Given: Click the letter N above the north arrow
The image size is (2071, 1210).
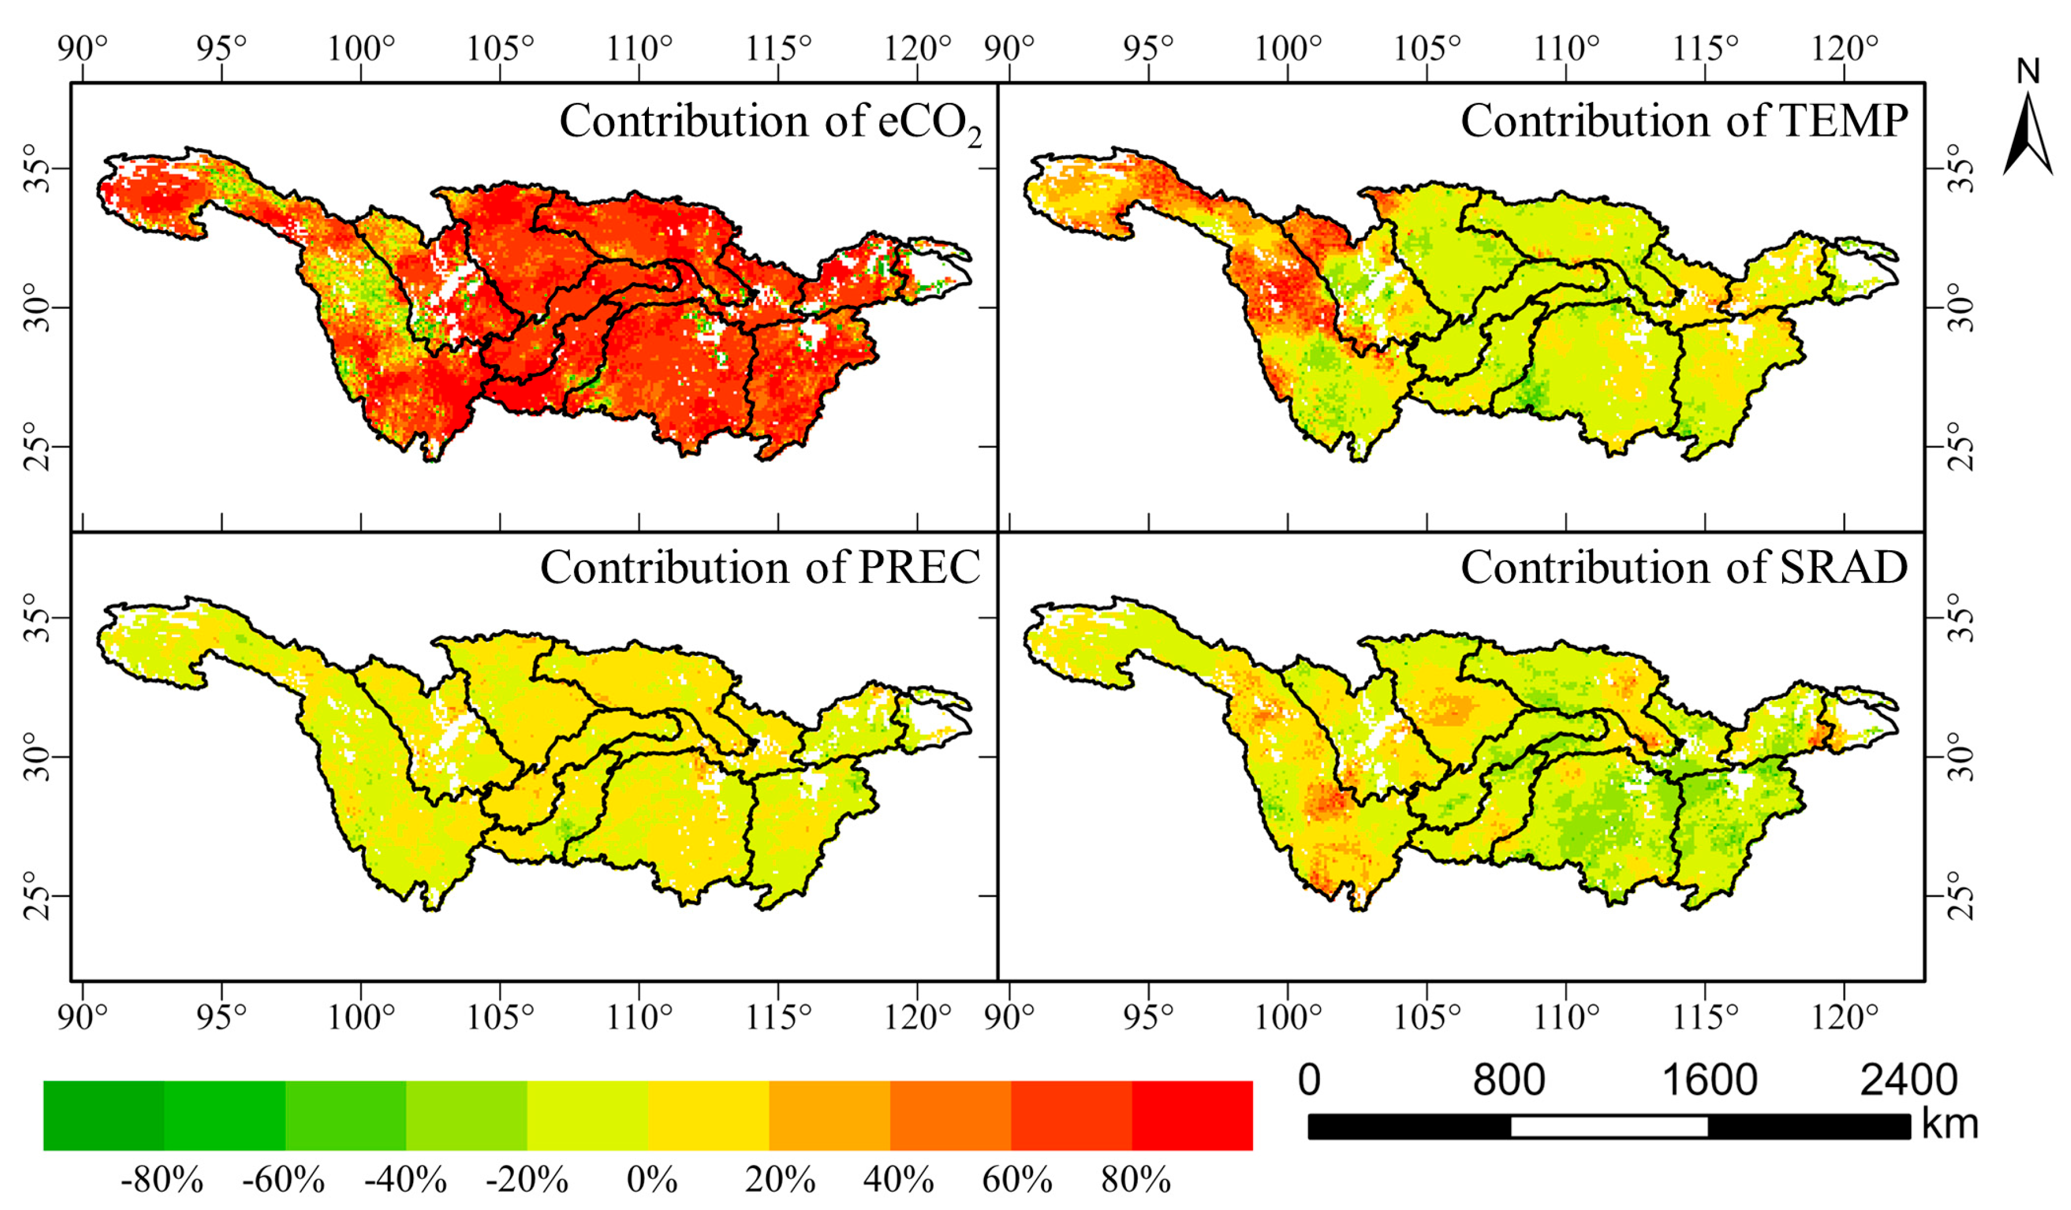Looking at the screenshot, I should [x=2028, y=72].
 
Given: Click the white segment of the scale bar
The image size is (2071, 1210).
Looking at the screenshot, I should [x=1608, y=1126].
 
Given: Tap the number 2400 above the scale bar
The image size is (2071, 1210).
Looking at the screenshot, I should [x=1908, y=1079].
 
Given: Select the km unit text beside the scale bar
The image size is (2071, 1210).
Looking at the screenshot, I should [x=1950, y=1124].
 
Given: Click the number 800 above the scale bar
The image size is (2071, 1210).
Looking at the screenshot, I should [x=1508, y=1079].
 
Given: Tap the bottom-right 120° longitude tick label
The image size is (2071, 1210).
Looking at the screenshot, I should [x=1845, y=1017].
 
